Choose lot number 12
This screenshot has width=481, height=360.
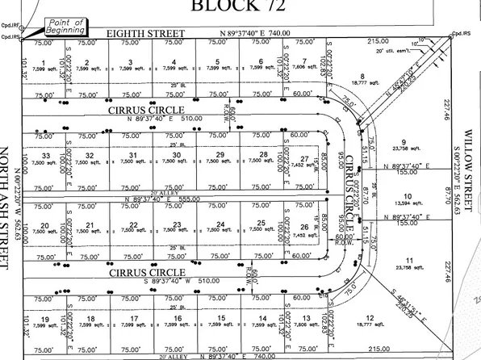[x=369, y=320]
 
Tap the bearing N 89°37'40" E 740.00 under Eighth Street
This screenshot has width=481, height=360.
[x=267, y=34]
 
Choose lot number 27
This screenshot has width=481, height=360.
[x=304, y=159]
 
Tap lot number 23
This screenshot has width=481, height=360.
[x=176, y=224]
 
